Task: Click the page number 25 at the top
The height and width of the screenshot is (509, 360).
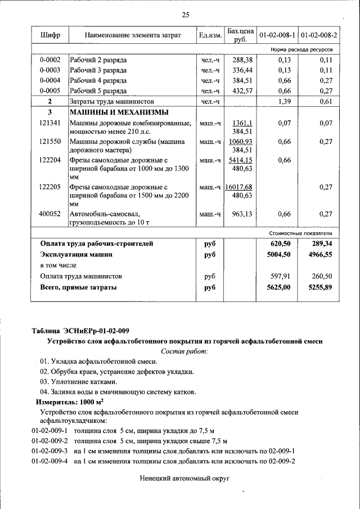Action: (185, 14)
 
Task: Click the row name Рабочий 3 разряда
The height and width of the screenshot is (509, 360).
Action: (98, 70)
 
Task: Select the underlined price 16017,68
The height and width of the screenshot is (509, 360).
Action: (238, 187)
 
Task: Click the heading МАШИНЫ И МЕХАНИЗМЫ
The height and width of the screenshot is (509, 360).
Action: (111, 112)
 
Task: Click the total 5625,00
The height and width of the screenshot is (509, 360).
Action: (280, 287)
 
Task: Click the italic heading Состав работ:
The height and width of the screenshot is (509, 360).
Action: (184, 351)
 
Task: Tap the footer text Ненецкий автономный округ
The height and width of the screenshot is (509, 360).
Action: (185, 478)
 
